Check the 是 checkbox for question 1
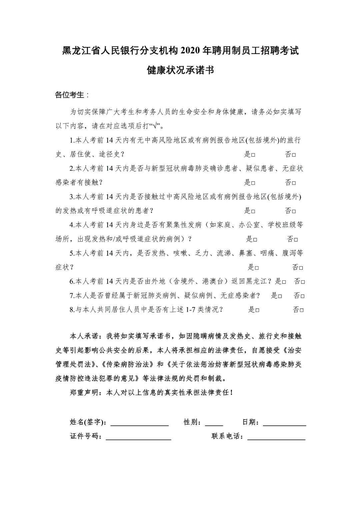[253, 155]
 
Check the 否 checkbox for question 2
[294, 183]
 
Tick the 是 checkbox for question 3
[253, 211]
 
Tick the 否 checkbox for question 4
[296, 240]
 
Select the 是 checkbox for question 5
[257, 268]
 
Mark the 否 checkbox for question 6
[303, 282]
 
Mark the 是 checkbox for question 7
[280, 296]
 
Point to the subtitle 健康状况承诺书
[180, 70]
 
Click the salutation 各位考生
[70, 95]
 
